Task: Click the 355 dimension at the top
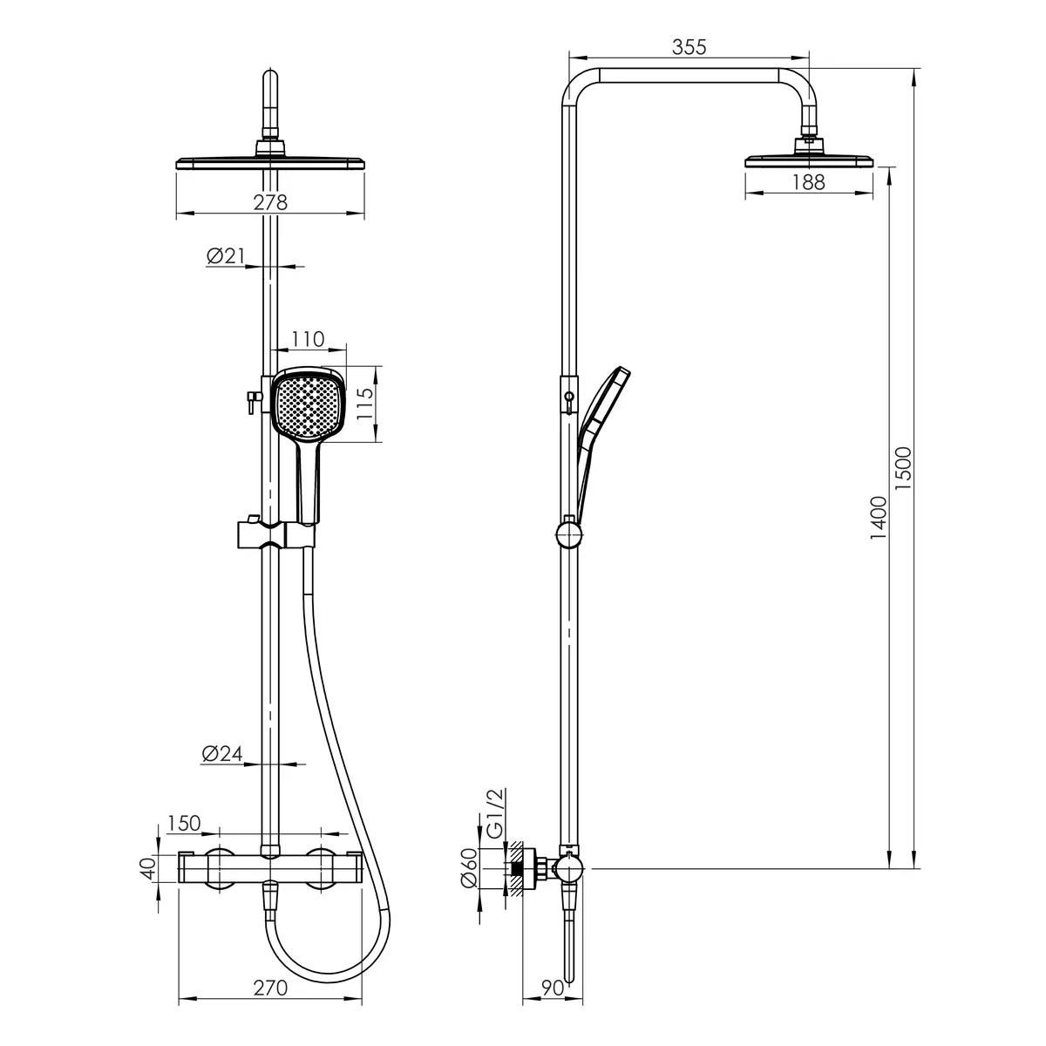689,47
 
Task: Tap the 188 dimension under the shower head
808,182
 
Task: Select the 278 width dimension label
269,202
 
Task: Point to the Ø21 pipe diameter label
226,255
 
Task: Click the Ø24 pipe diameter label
222,753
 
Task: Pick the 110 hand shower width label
308,339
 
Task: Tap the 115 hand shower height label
364,404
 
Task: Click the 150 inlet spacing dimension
184,824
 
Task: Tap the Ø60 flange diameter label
470,868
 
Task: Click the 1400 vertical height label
879,518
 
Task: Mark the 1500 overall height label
903,468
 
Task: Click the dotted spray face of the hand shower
307,403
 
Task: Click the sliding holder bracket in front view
275,534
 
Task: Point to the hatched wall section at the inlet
515,868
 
